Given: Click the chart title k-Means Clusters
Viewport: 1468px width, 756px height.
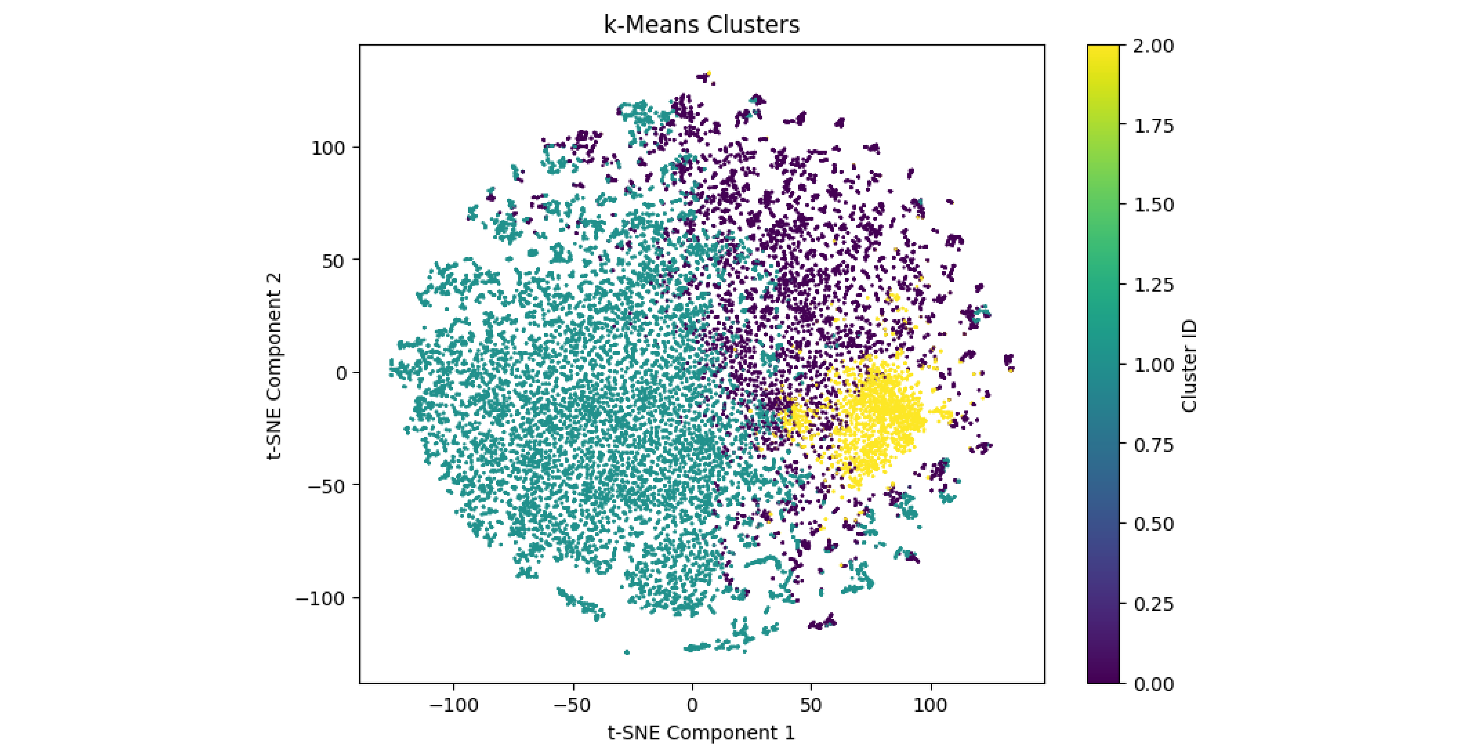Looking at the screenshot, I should pyautogui.click(x=702, y=25).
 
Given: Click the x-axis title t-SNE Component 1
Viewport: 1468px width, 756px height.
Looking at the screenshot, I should pyautogui.click(x=702, y=733).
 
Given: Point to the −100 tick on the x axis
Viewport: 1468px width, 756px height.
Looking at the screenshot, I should pyautogui.click(x=453, y=705).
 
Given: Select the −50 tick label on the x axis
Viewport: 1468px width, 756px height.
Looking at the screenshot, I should pyautogui.click(x=572, y=705).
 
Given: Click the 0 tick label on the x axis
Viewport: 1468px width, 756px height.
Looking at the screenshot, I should pyautogui.click(x=692, y=705).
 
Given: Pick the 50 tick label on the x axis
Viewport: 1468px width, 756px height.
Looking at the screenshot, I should pyautogui.click(x=811, y=705).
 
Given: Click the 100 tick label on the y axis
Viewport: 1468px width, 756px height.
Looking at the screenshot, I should pyautogui.click(x=328, y=148).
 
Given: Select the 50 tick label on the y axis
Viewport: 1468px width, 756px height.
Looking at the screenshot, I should pyautogui.click(x=333, y=261).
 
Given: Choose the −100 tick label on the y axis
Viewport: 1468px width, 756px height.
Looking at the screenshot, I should pyautogui.click(x=320, y=598).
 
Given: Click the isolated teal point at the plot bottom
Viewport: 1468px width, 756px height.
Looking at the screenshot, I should pyautogui.click(x=627, y=652).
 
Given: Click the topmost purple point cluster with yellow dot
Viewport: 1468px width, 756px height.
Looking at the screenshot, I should pyautogui.click(x=706, y=77).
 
